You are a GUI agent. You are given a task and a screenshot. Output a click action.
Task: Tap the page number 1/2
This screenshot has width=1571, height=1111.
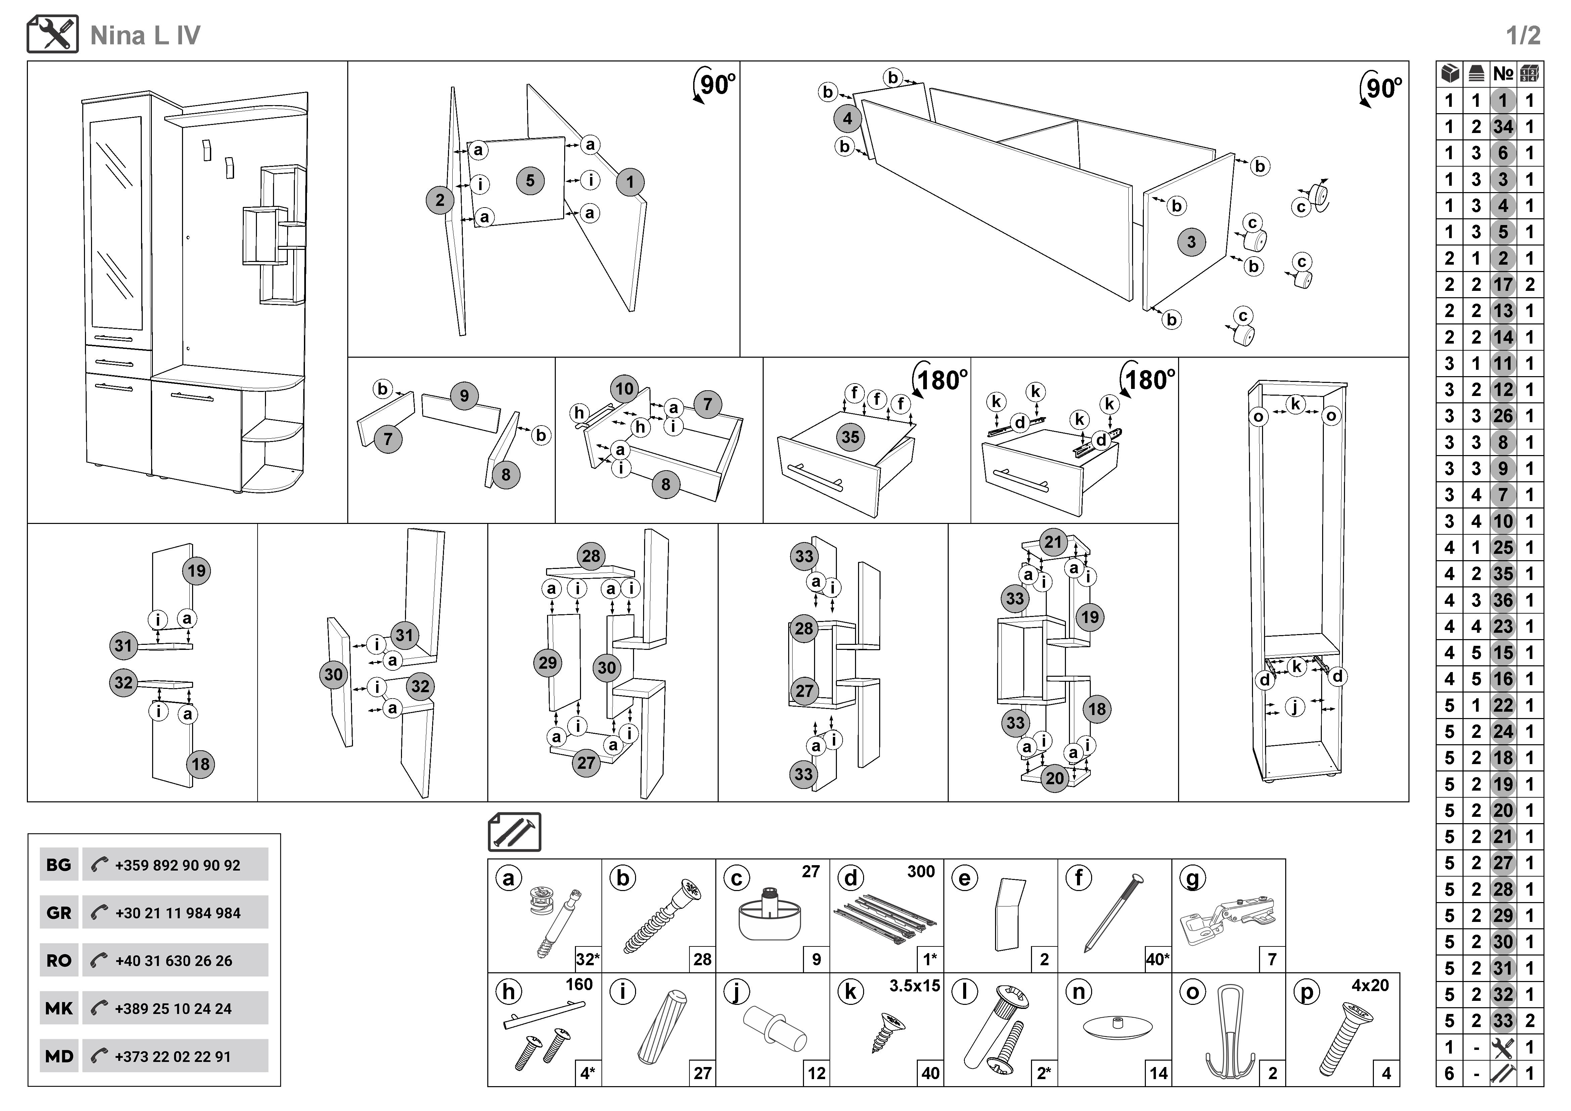coord(1523,36)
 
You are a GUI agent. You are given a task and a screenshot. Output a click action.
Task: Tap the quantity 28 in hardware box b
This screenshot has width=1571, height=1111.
coord(702,959)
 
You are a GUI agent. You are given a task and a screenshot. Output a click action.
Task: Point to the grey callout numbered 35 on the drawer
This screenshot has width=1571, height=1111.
coord(851,437)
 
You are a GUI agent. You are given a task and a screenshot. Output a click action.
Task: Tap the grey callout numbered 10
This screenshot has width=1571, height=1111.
coord(624,389)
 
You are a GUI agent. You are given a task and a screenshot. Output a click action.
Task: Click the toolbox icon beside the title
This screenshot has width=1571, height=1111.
coord(53,34)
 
